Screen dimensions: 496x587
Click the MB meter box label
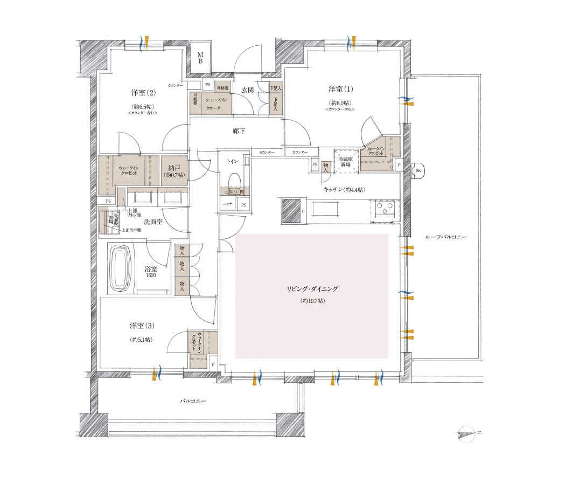(199, 58)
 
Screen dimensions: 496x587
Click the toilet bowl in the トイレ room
(234, 181)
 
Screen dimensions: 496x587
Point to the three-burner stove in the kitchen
(386, 208)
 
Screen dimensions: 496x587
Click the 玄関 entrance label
(248, 90)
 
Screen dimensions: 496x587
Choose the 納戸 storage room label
(173, 168)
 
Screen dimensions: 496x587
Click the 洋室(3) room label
(142, 326)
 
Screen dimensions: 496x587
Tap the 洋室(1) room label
(340, 88)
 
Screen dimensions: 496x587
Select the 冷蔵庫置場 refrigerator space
(345, 162)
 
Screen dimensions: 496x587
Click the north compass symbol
(468, 433)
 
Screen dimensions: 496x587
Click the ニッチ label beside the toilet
(227, 204)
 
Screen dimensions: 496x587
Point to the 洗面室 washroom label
(153, 222)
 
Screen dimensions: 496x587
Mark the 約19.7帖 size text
(312, 301)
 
